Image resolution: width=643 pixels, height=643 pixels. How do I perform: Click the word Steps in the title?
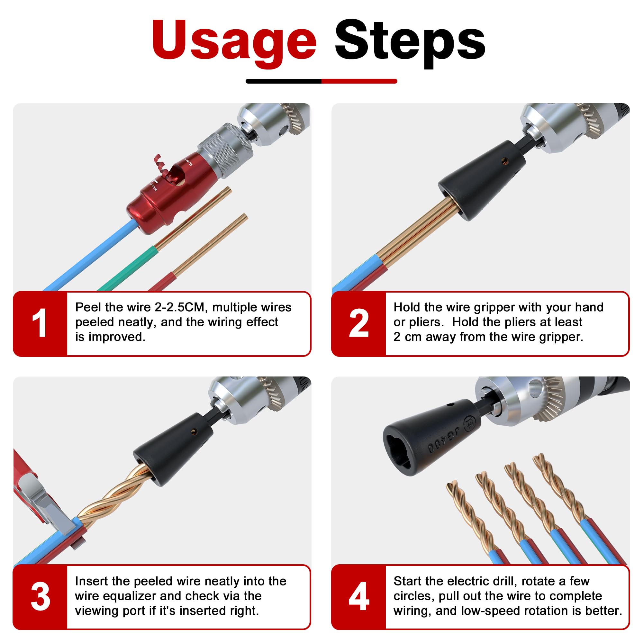(x=410, y=41)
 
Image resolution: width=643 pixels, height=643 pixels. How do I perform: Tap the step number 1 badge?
(x=40, y=323)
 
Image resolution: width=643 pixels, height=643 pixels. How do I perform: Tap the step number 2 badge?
(x=358, y=323)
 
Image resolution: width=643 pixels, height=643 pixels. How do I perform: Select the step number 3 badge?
(x=40, y=597)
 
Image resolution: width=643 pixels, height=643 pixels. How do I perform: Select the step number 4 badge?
(x=358, y=597)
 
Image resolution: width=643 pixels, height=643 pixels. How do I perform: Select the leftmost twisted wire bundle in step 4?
(x=473, y=519)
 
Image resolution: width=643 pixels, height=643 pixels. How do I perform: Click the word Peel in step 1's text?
(x=88, y=307)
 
